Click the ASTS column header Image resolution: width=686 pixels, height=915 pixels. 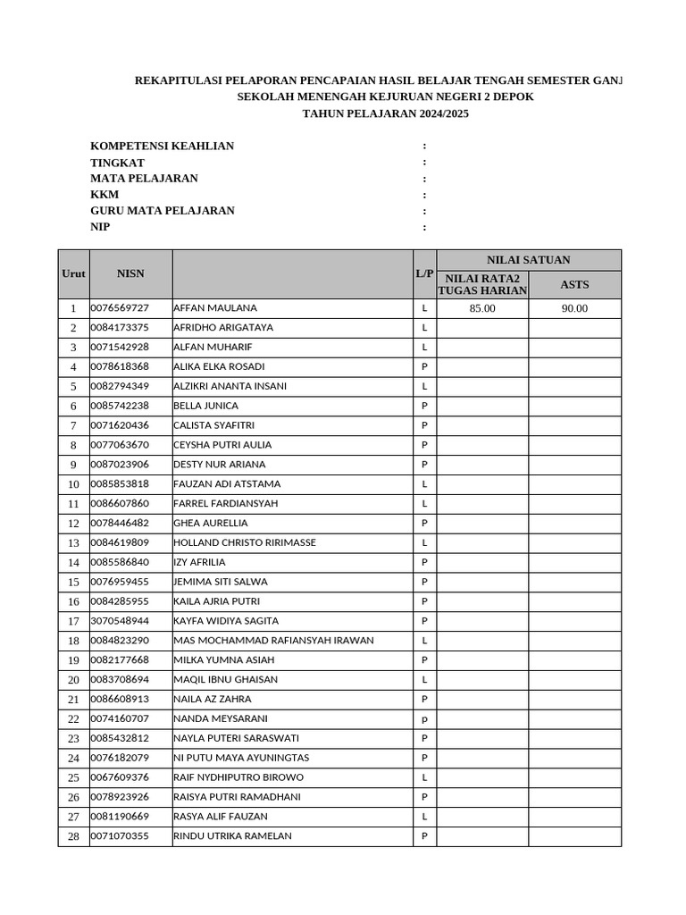point(574,284)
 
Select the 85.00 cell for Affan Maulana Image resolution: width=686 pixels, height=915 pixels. point(481,308)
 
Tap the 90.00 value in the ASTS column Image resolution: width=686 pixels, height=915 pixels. point(574,308)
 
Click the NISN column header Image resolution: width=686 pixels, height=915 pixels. point(130,273)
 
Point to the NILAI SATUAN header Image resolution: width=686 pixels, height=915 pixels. point(528,260)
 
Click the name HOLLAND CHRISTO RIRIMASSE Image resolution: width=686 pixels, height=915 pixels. point(244,542)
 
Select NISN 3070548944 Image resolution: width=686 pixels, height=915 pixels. point(120,620)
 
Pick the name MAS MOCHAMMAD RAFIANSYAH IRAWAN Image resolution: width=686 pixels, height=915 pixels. point(273,640)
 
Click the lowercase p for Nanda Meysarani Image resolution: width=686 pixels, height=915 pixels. point(424,718)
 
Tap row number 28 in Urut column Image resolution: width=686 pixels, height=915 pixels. point(73,836)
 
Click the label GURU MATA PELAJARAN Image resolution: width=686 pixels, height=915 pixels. point(163,211)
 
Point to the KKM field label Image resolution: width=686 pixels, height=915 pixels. point(105,195)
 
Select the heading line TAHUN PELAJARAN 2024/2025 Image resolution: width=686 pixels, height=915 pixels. point(385,114)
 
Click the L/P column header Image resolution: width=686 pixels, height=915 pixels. point(424,273)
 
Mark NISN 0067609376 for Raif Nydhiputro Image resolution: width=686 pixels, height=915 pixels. point(120,777)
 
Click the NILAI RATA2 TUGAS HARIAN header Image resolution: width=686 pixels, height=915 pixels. point(482,284)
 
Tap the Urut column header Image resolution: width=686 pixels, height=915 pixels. point(73,273)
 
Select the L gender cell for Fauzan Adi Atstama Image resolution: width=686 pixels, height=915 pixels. point(424,483)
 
